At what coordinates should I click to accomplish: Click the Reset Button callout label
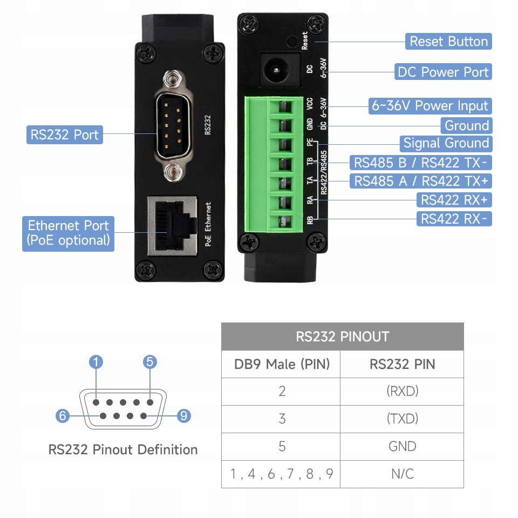(448, 42)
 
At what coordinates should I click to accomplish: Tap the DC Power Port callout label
(443, 72)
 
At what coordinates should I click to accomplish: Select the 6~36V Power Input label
(430, 106)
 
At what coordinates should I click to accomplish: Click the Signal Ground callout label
(446, 143)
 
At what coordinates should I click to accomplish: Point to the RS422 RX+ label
(454, 200)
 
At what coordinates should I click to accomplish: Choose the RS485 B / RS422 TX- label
(420, 163)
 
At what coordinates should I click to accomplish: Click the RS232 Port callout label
(64, 134)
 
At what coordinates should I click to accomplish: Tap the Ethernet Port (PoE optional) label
(68, 233)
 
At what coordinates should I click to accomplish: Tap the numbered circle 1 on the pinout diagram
(96, 362)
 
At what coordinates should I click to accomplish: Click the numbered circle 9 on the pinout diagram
(184, 416)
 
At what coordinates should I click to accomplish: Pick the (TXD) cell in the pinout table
(402, 419)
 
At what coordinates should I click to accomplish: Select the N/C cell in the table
(402, 474)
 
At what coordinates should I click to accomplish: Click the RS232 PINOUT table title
(342, 337)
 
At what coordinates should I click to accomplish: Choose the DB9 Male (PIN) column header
(282, 364)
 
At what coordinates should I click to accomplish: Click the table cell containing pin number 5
(282, 447)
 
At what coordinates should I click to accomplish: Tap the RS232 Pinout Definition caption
(123, 449)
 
